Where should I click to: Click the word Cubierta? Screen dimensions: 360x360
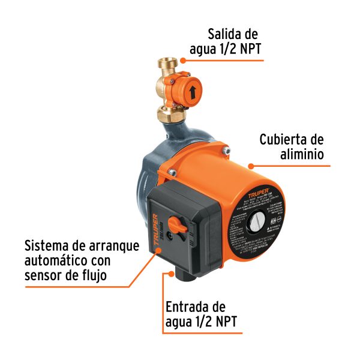click(284, 140)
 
